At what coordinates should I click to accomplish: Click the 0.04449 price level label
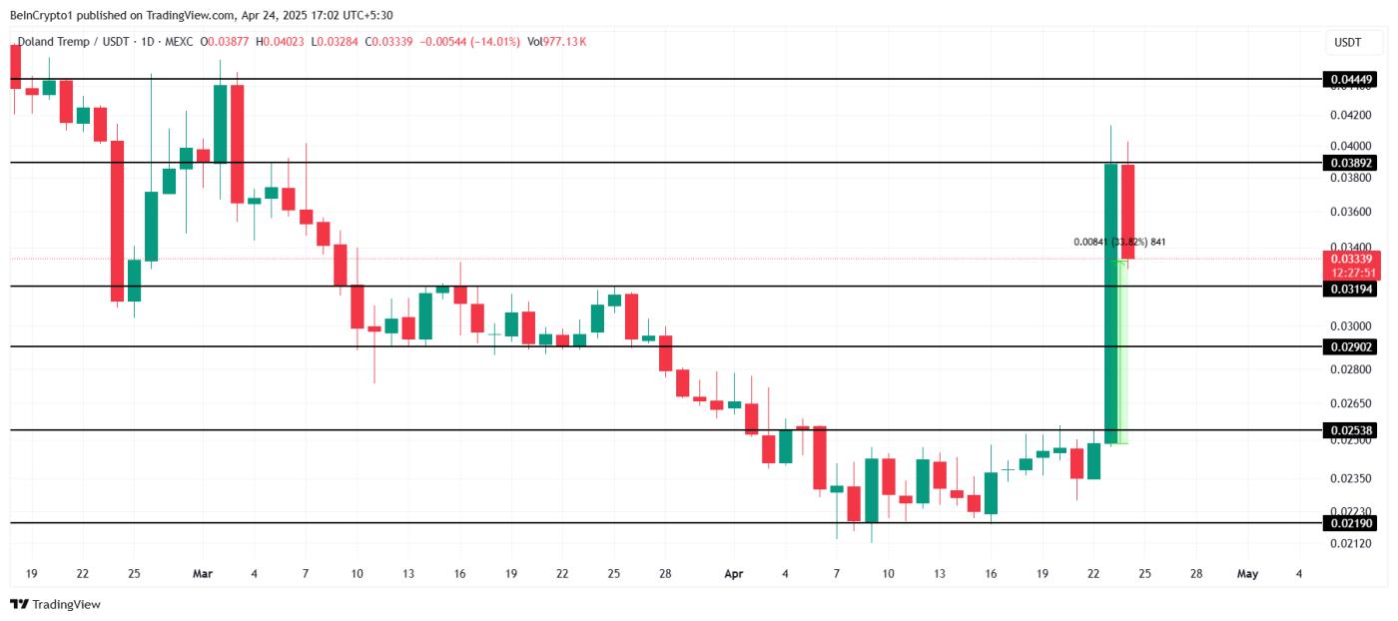point(1349,79)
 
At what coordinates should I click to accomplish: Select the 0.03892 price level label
point(1349,163)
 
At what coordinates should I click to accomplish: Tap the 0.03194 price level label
point(1349,289)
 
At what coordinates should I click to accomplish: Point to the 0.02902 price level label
point(1349,346)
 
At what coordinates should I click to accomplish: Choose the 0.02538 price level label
point(1349,430)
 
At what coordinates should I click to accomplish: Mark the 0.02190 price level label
point(1349,523)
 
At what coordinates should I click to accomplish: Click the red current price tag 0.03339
point(1349,259)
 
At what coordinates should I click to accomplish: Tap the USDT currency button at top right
point(1347,43)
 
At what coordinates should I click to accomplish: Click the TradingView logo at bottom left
point(55,604)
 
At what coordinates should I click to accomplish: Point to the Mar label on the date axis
point(203,574)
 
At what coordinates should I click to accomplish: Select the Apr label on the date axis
point(734,574)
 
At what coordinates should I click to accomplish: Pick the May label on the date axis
point(1247,574)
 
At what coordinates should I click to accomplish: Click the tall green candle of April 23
point(1110,300)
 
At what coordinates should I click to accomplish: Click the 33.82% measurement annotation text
point(1119,242)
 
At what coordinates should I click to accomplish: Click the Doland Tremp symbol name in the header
point(61,42)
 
